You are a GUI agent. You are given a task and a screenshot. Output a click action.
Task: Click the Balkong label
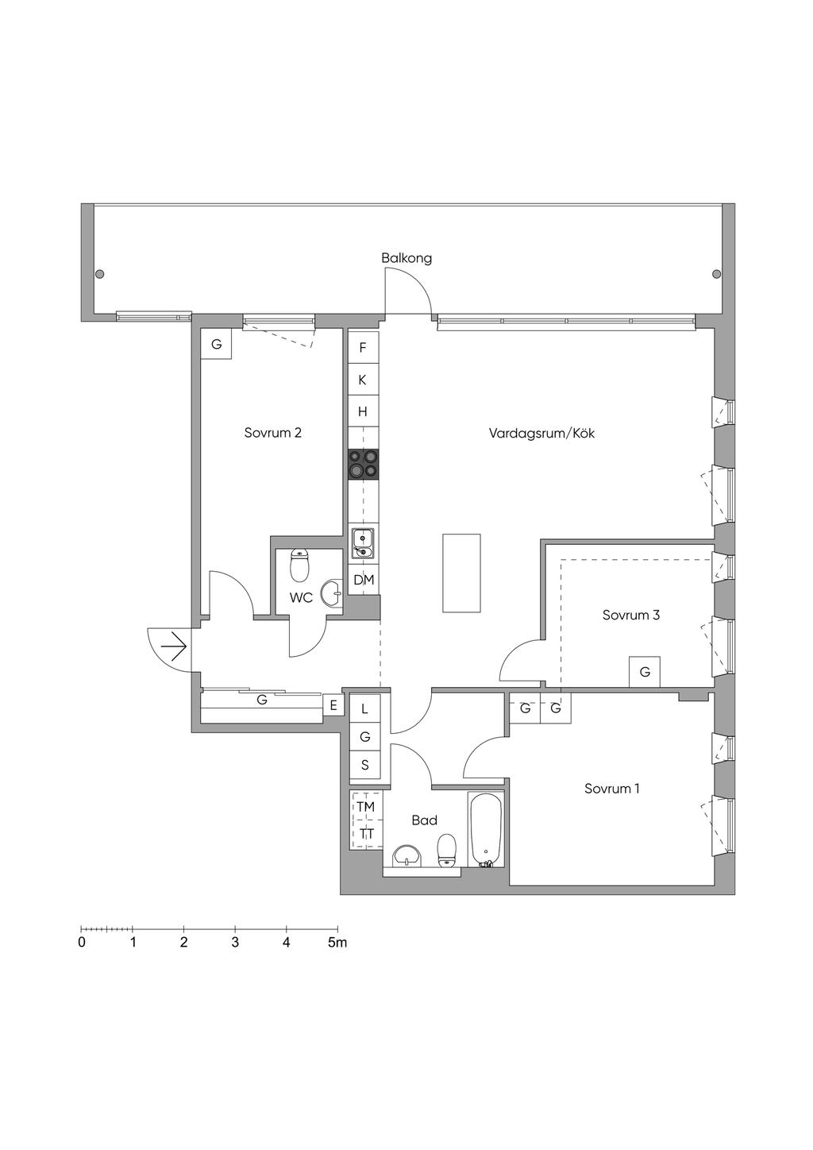point(406,258)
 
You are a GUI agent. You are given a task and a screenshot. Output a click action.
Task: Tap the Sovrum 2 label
point(272,433)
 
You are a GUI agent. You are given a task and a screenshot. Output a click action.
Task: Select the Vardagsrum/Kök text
point(541,434)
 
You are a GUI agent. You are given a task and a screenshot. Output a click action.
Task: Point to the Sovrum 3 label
point(631,615)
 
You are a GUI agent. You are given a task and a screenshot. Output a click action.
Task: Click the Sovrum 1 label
point(612,789)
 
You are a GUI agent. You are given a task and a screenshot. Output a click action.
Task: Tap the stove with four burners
point(363,464)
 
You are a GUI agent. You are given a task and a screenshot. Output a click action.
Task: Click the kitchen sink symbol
point(363,543)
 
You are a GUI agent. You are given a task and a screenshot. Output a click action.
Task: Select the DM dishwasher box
point(364,580)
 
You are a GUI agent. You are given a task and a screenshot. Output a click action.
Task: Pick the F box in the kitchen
point(363,347)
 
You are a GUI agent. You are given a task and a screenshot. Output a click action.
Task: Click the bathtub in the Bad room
point(485,829)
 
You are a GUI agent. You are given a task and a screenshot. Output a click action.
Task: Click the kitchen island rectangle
point(462,573)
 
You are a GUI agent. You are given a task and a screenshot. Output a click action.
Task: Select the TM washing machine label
point(365,807)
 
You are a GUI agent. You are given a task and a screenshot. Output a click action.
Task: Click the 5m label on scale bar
point(337,944)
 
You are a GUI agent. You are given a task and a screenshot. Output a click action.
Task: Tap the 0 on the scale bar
point(82,944)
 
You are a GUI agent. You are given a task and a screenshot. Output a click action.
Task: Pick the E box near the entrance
point(333,705)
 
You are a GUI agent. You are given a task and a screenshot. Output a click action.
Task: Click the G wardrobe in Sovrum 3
point(645,672)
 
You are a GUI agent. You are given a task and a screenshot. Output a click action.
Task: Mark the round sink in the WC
point(331,592)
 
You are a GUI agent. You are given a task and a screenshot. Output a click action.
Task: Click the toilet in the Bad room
point(447,851)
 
